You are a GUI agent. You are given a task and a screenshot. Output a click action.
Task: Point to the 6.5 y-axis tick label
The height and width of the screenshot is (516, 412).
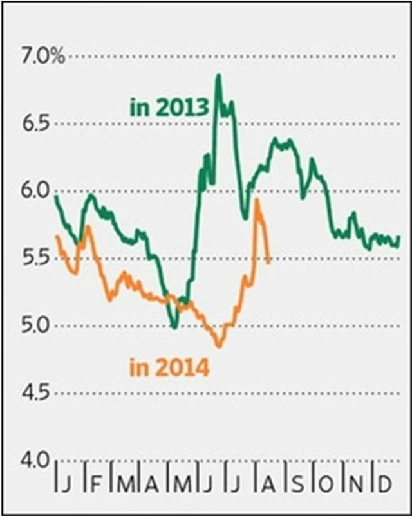click(38, 124)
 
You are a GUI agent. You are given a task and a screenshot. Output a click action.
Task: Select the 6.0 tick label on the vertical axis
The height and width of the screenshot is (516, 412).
click(38, 190)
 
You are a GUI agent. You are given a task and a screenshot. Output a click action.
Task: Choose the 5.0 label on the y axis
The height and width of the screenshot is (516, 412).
click(38, 325)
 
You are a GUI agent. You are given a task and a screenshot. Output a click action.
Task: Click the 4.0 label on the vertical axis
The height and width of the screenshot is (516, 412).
click(38, 459)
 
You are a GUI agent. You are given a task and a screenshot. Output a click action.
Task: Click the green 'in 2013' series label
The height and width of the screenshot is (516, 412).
click(169, 107)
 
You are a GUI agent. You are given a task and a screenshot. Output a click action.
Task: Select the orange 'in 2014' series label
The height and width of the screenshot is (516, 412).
click(169, 369)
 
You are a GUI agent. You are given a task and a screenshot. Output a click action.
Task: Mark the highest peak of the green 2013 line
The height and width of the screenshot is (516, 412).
click(218, 76)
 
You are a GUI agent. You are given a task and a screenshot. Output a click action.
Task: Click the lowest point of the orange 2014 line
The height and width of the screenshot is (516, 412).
click(219, 346)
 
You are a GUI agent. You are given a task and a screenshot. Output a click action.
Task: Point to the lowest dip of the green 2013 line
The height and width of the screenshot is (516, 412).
click(174, 327)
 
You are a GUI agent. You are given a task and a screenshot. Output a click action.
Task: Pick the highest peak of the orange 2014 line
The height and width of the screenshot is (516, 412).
click(257, 200)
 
